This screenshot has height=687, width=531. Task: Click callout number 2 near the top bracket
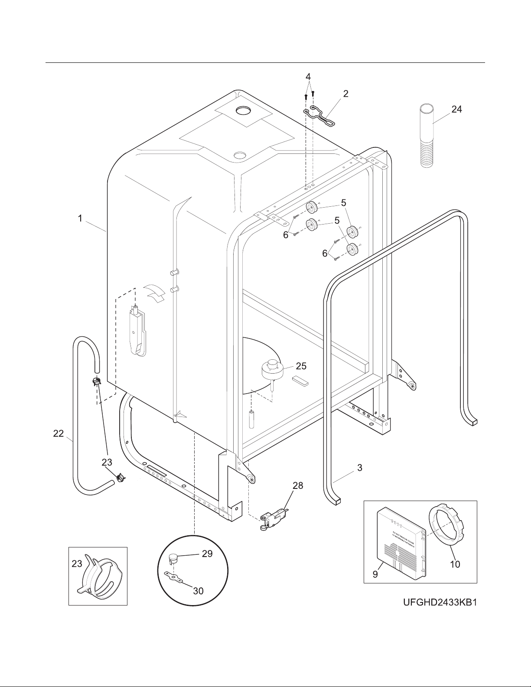coord(345,93)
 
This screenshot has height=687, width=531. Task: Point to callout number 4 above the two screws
coord(308,76)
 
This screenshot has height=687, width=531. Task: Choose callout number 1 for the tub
coord(80,218)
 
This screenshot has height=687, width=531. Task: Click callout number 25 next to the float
coord(301,366)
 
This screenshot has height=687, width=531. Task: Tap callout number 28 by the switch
coord(298,486)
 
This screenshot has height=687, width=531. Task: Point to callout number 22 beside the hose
coord(59,433)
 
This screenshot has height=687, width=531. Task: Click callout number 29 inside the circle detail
coord(207,554)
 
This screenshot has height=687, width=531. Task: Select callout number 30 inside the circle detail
coord(198,590)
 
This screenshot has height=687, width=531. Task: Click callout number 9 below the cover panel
coord(375,574)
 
